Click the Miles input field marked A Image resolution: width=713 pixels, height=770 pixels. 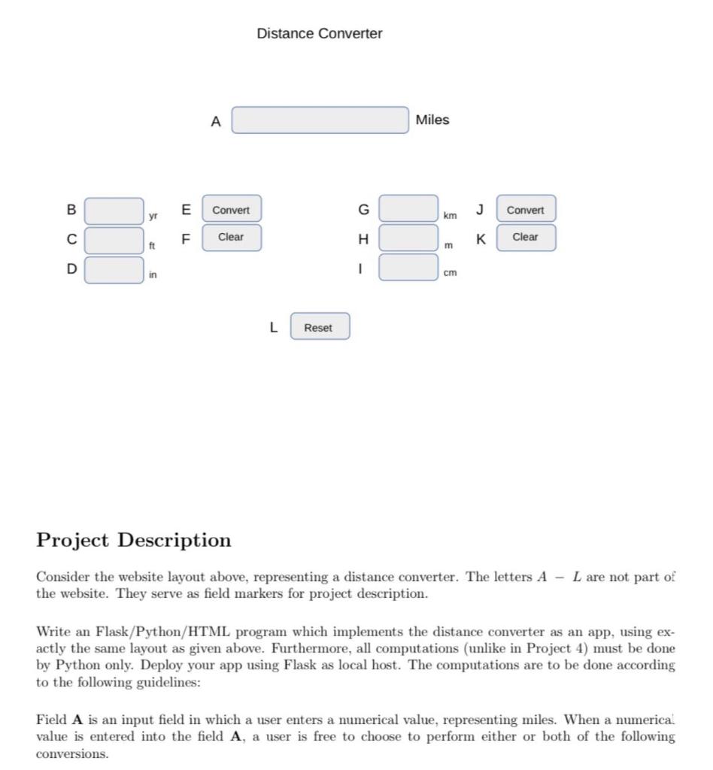[x=320, y=120]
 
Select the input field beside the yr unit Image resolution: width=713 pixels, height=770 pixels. [x=114, y=211]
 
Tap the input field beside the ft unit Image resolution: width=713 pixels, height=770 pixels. [x=114, y=240]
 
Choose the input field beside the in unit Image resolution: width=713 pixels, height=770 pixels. [x=114, y=269]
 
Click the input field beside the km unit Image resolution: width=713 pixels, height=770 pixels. [x=408, y=208]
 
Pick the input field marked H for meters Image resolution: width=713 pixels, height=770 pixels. [x=408, y=238]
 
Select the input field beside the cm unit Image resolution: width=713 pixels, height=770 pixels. [x=408, y=267]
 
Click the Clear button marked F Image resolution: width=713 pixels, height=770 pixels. [x=231, y=237]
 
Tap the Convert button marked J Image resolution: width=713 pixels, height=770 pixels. [x=525, y=210]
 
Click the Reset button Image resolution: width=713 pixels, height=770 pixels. [x=319, y=327]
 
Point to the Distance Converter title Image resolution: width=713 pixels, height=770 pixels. [x=319, y=34]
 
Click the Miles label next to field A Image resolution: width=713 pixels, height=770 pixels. [x=432, y=120]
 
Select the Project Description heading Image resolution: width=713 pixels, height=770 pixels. [x=134, y=540]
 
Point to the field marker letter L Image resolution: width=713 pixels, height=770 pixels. [x=273, y=327]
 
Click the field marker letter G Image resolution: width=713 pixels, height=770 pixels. [x=363, y=209]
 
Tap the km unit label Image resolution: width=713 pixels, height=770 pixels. [x=450, y=216]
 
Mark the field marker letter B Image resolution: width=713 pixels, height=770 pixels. [x=71, y=210]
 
